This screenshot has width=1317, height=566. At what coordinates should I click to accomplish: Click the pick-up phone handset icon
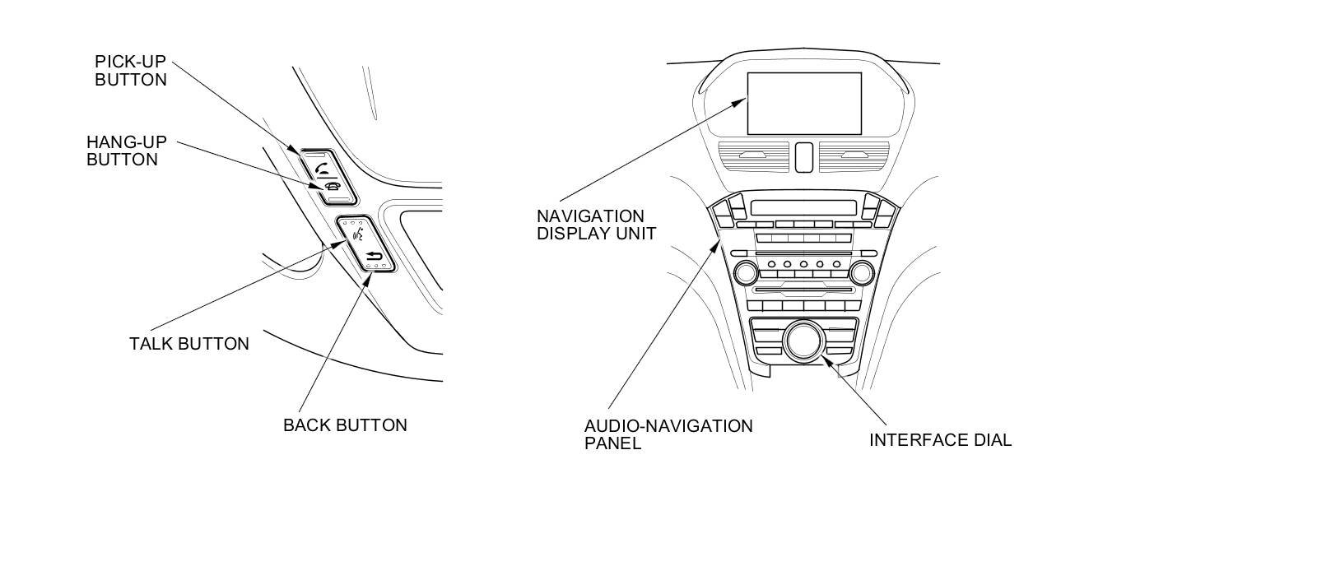322,169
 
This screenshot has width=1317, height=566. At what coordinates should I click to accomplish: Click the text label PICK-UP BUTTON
131,71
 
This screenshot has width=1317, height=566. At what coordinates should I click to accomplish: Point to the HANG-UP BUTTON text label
126,151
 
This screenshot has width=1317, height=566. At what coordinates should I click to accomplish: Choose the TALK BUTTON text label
188,344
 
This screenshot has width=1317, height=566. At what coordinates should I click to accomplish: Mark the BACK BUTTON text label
345,425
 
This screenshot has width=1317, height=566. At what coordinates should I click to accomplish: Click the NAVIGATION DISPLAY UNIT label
597,225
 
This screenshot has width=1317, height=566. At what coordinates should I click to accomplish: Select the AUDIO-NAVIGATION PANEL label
668,434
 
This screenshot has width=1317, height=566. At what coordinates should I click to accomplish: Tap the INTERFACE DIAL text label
940,440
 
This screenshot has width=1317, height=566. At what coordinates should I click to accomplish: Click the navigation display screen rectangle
804,103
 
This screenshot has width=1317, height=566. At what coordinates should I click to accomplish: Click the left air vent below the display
755,156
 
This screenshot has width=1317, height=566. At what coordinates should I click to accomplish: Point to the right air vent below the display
854,156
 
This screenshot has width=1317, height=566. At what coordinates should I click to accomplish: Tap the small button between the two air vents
804,156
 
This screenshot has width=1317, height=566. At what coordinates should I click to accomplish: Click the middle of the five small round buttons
803,265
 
